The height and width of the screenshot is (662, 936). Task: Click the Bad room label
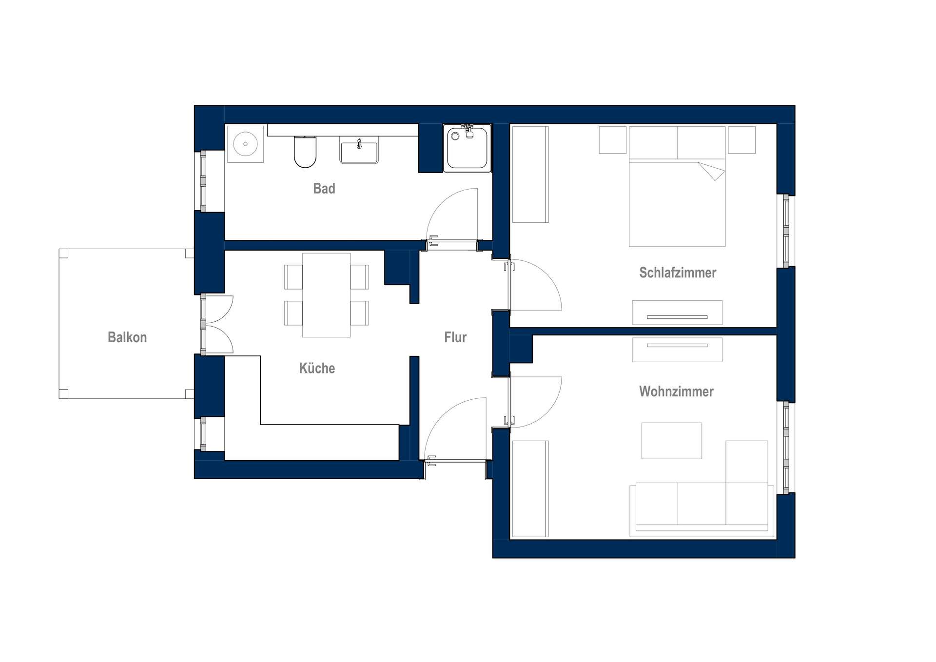pyautogui.click(x=324, y=188)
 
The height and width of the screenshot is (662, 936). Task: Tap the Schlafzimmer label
pyautogui.click(x=678, y=273)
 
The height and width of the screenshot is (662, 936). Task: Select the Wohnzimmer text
pyautogui.click(x=676, y=391)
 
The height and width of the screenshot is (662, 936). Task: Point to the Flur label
pyautogui.click(x=455, y=337)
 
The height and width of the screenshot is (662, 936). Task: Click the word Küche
pyautogui.click(x=317, y=368)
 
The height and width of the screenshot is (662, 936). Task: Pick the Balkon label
pyautogui.click(x=127, y=337)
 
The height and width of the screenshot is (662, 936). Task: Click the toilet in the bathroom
pyautogui.click(x=305, y=152)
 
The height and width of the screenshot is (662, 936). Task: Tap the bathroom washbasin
pyautogui.click(x=359, y=153)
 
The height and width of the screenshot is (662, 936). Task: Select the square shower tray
pyautogui.click(x=467, y=148)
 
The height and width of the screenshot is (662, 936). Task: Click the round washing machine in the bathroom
pyautogui.click(x=245, y=144)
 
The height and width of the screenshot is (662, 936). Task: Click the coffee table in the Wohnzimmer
pyautogui.click(x=671, y=441)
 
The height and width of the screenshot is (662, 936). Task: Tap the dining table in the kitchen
pyautogui.click(x=326, y=295)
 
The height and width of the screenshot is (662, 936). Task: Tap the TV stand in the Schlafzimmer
pyautogui.click(x=677, y=312)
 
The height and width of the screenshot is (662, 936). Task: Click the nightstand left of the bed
pyautogui.click(x=613, y=140)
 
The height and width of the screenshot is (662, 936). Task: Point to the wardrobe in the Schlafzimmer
pyautogui.click(x=530, y=175)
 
